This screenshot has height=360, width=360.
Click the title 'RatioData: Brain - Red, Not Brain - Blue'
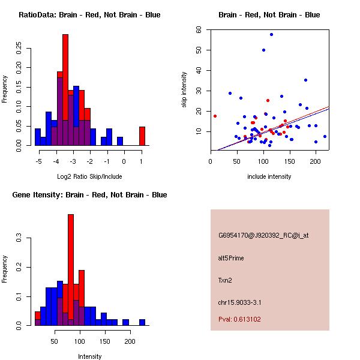[89, 15]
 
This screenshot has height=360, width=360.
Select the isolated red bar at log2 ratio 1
[142, 136]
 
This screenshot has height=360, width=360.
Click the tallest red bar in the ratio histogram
[65, 90]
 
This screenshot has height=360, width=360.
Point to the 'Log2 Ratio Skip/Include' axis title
[89, 176]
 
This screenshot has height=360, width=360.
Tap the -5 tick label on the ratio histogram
[39, 160]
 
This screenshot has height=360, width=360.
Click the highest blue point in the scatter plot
[271, 35]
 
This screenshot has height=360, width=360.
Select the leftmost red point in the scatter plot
[215, 116]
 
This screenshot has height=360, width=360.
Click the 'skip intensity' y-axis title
[184, 90]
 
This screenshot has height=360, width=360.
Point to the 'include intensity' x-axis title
[269, 176]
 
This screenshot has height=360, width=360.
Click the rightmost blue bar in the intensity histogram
[142, 322]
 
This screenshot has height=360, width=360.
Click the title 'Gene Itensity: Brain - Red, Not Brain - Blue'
[89, 195]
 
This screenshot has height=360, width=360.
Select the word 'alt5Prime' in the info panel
[231, 258]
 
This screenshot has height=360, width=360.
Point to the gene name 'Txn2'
[225, 280]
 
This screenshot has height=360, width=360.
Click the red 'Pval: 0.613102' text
[239, 319]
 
